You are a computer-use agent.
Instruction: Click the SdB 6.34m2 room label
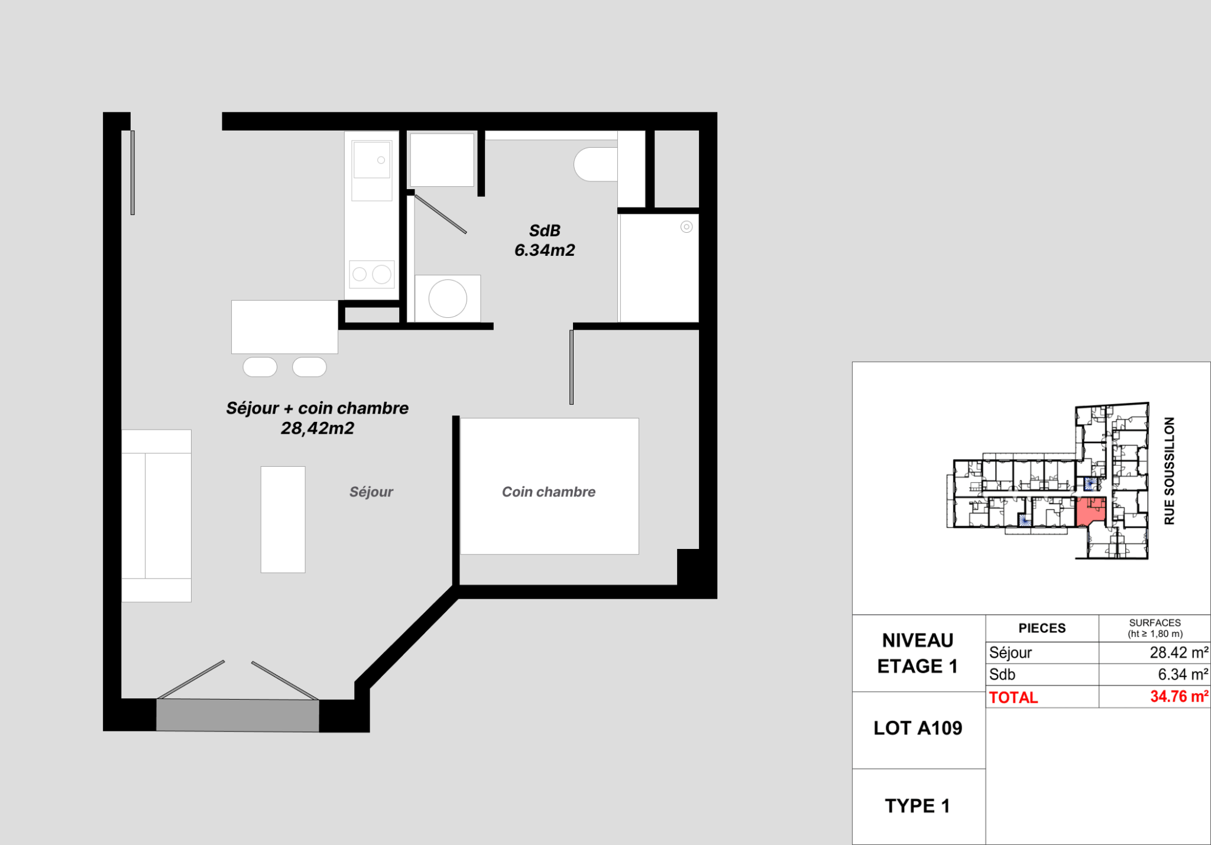[x=545, y=240]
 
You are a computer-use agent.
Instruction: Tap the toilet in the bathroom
[x=595, y=164]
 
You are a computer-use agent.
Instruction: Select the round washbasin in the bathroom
[x=448, y=298]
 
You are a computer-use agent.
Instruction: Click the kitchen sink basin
[x=372, y=160]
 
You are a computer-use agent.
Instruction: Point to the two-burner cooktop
[x=372, y=274]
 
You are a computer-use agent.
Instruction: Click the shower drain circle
[x=687, y=227]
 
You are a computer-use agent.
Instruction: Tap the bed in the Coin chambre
[x=549, y=486]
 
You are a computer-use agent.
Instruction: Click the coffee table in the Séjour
[x=283, y=519]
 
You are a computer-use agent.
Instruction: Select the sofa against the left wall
[x=156, y=516]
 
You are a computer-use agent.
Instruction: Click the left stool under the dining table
[x=260, y=367]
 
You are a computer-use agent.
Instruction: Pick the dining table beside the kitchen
[x=284, y=327]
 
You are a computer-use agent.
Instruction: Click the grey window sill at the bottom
[x=238, y=715]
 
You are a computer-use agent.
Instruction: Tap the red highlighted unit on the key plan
[x=1089, y=512]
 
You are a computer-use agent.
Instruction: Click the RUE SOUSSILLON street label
[x=1169, y=471]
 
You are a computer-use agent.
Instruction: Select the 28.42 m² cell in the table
[x=1178, y=652]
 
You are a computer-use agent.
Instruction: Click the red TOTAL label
[x=1014, y=697]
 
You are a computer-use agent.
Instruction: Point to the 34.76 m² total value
[x=1179, y=697]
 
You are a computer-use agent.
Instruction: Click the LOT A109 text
[x=918, y=728]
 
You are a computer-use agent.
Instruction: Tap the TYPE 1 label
[x=918, y=806]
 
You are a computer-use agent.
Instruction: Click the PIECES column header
[x=1042, y=628]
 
